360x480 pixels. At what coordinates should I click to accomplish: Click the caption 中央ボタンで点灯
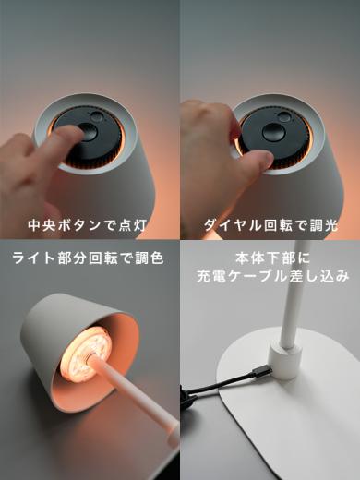coord(89,224)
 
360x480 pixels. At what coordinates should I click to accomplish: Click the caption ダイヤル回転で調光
coord(270,224)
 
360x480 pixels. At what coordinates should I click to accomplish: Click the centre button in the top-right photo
coord(274,131)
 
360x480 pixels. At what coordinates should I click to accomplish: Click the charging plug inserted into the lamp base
coord(259,371)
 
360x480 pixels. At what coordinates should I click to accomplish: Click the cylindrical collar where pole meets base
coord(286,361)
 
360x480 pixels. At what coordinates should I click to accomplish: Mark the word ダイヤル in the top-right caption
coord(232,224)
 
